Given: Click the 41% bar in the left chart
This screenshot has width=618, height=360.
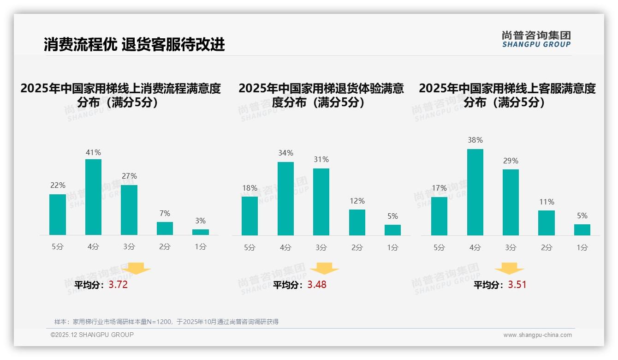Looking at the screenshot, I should pyautogui.click(x=93, y=197).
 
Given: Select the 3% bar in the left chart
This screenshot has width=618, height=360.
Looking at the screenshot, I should pyautogui.click(x=201, y=232).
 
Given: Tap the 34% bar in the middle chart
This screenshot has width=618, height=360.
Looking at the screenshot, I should pyautogui.click(x=285, y=198).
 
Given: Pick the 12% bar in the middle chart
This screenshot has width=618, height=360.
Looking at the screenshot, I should pyautogui.click(x=357, y=222).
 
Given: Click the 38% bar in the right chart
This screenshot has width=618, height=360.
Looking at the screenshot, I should pyautogui.click(x=475, y=192).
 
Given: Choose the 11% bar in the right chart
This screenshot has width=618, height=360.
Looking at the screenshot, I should pyautogui.click(x=547, y=223).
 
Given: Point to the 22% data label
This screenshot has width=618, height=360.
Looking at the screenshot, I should pyautogui.click(x=58, y=185).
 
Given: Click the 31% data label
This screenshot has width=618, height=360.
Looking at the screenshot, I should pyautogui.click(x=321, y=159).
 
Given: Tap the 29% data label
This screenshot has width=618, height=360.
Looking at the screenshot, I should pyautogui.click(x=511, y=161).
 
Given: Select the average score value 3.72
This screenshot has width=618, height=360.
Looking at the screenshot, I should pyautogui.click(x=118, y=285).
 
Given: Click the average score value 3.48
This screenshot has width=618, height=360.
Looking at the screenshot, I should pyautogui.click(x=317, y=285).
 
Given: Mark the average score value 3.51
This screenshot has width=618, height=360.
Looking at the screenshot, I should pyautogui.click(x=517, y=285).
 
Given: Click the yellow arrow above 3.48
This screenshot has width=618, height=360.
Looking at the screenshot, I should pyautogui.click(x=324, y=268).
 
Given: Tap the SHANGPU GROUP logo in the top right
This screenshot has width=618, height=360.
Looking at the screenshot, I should pyautogui.click(x=536, y=39).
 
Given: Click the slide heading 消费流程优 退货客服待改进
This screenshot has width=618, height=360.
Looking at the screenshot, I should pyautogui.click(x=134, y=44).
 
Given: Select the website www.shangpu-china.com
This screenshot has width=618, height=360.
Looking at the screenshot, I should pyautogui.click(x=537, y=335).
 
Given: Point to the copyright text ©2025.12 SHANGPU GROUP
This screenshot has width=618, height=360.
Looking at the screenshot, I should pyautogui.click(x=92, y=335).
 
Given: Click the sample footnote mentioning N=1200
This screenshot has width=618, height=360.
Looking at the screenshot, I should pyautogui.click(x=166, y=322).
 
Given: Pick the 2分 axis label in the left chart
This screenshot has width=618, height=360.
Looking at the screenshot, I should pyautogui.click(x=165, y=247).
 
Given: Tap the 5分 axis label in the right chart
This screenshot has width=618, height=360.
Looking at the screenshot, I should pyautogui.click(x=439, y=248).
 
